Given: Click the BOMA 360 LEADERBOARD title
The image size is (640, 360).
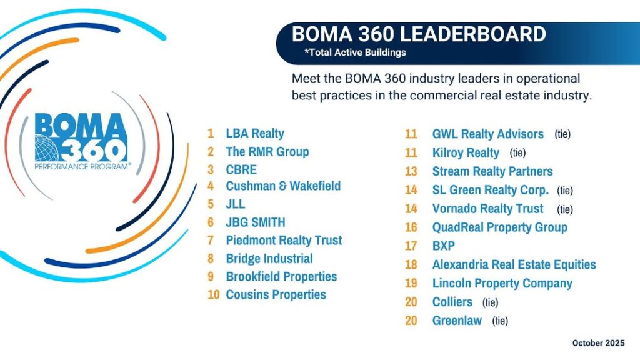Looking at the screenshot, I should click(x=419, y=34).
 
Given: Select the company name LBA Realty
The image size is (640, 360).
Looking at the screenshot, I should click(x=255, y=133).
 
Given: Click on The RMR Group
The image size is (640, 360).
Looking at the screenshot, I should click(x=267, y=151).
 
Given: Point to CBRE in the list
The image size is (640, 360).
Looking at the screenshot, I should click(x=241, y=169).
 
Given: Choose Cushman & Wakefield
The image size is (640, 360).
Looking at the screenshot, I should click(x=283, y=186).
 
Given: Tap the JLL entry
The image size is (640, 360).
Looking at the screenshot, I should click(x=236, y=204).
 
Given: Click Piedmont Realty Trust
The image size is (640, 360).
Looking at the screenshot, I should click(x=284, y=240).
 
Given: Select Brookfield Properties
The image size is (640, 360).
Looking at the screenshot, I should click(x=281, y=276).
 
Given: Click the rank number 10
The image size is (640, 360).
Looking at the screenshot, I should click(x=214, y=295).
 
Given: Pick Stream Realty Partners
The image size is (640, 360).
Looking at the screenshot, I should click(x=492, y=171).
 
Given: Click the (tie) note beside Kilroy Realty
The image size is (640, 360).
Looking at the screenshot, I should click(x=517, y=152).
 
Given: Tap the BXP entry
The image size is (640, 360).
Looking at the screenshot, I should click(x=444, y=246).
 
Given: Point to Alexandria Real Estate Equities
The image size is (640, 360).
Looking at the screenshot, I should click(x=514, y=264).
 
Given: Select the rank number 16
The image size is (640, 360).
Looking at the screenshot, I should click(x=411, y=227).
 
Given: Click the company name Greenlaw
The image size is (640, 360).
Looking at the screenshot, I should click(x=457, y=321).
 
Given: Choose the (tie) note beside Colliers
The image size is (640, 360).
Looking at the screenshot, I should click(x=491, y=302).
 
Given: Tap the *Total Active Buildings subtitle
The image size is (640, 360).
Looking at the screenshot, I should click(x=355, y=52).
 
